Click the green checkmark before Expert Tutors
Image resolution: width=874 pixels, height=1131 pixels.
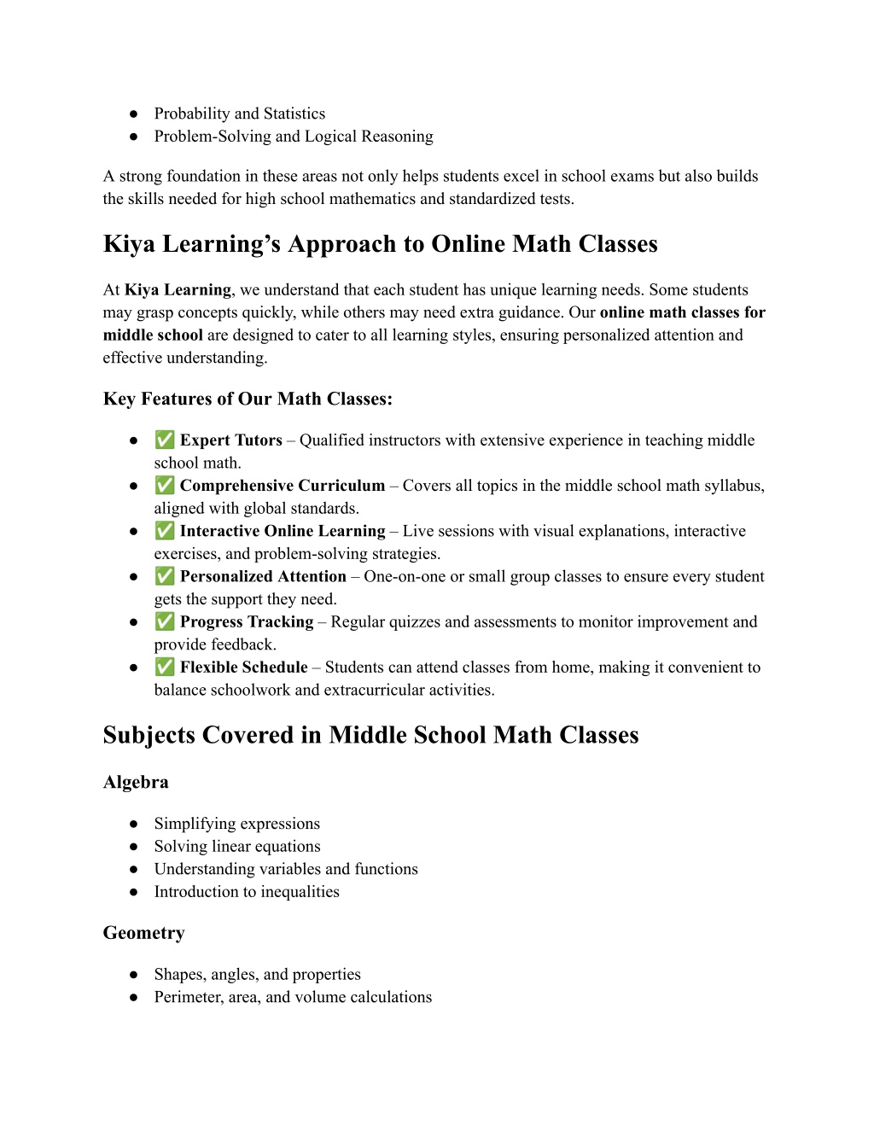point(165,440)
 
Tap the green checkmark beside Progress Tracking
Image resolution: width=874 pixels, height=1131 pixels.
point(165,622)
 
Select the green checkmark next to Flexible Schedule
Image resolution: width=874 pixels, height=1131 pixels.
point(165,668)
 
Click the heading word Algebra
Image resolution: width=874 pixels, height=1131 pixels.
point(136,782)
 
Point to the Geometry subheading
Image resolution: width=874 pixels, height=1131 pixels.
point(143,933)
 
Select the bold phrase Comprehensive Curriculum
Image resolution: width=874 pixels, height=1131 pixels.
point(283,486)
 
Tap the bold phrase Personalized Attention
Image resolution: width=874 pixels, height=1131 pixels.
point(263,577)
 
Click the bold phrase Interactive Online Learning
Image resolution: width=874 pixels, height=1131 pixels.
point(283,531)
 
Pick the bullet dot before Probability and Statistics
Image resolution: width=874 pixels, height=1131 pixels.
point(134,114)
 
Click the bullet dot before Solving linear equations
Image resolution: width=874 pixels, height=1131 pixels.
point(134,847)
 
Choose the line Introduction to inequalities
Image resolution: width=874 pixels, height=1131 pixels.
point(247,892)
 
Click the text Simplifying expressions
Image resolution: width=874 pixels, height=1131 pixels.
point(237,824)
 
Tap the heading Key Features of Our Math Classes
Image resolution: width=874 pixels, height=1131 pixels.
point(248,399)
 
